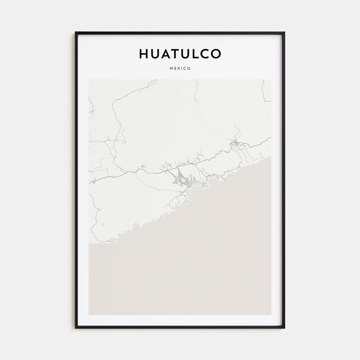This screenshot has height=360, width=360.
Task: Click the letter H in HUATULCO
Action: pos(144,54)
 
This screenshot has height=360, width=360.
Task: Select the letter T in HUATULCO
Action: pos(176,54)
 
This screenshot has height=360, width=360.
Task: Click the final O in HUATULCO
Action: pos(215,54)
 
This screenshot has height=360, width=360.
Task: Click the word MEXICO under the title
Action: pos(180,68)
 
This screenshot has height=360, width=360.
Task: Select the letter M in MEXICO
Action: pos(171,68)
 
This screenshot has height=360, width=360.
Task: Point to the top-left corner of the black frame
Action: pos(76,32)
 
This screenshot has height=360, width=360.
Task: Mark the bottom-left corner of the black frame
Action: pos(76,328)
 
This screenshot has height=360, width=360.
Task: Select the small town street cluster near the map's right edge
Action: pos(236,143)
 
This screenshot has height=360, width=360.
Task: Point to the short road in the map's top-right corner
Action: pos(264,91)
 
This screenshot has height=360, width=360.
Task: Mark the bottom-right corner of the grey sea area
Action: pos(270,314)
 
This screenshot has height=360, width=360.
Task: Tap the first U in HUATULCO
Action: pos(155,54)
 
